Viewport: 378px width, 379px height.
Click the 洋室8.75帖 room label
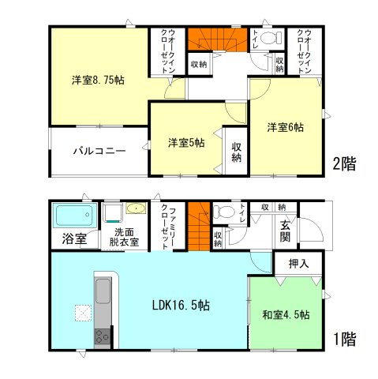click(99, 79)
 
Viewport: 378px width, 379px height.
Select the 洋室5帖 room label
click(186, 143)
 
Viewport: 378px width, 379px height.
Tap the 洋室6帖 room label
click(285, 126)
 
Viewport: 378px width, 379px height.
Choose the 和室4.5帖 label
click(286, 314)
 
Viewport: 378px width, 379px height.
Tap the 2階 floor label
click(344, 165)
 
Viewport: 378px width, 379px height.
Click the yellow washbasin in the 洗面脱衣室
click(137, 210)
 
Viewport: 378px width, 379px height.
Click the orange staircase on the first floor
click(202, 216)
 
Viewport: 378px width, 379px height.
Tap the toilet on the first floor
click(226, 212)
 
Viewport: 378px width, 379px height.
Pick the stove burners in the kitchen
click(103, 337)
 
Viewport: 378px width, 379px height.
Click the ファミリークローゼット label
click(168, 225)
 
